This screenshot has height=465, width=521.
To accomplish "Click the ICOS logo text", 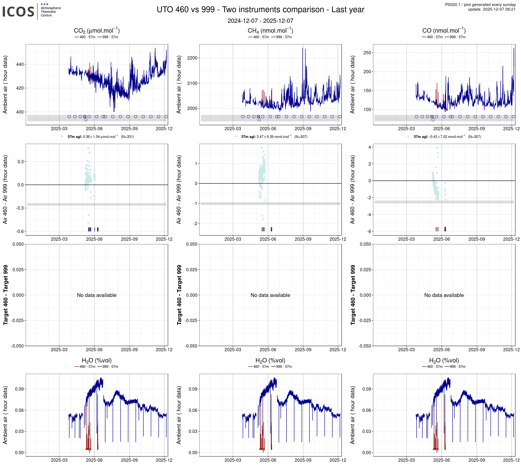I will point(18,12).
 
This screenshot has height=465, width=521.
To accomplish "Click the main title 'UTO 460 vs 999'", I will point(260,9).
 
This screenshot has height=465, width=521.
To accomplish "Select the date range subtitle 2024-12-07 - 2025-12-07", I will point(260,21).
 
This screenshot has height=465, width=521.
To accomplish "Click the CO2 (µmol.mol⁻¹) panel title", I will point(97,31).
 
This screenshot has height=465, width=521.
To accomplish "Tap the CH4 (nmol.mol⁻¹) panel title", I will point(270,31).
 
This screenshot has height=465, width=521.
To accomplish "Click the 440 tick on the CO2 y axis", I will point(20,64).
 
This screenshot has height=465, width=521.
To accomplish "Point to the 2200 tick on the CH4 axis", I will point(192,58).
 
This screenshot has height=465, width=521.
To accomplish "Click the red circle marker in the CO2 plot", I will point(86,120).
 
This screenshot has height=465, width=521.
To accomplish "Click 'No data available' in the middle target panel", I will point(270,295).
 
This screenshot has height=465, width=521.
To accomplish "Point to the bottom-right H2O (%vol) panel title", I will point(444,360).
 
